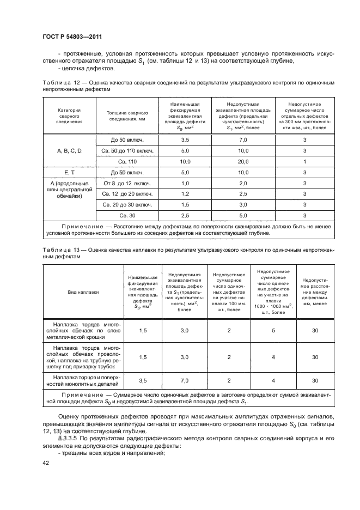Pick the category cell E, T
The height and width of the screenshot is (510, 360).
click(69, 173)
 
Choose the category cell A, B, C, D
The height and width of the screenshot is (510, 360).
click(69, 150)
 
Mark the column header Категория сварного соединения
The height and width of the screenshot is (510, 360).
click(69, 116)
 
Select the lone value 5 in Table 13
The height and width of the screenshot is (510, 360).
click(272, 330)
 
